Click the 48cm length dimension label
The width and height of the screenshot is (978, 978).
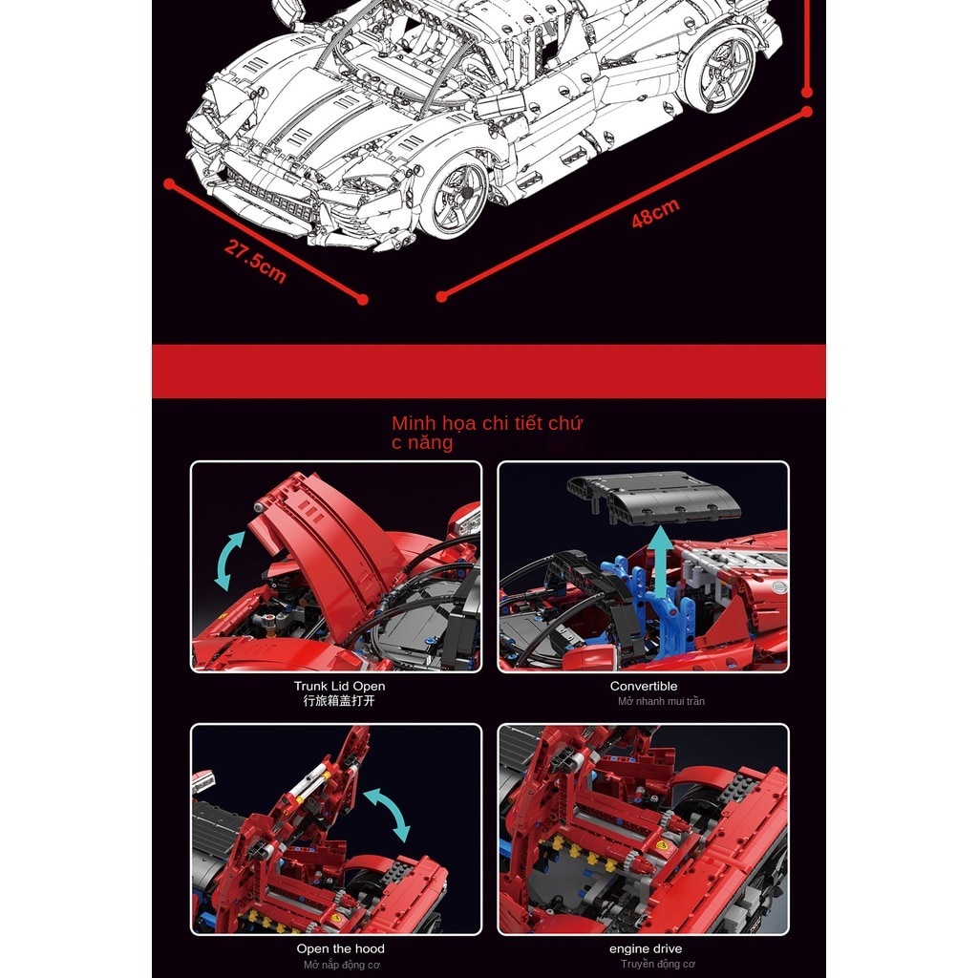pos(655,215)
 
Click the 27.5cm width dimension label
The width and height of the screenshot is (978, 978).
pos(255,261)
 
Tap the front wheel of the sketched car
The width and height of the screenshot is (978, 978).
pos(454,197)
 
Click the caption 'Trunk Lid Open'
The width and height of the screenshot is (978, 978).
pos(339,686)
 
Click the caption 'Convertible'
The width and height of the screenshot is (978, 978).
pos(644,686)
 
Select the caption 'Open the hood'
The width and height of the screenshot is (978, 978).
pos(339,948)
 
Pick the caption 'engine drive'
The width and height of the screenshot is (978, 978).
pos(645,948)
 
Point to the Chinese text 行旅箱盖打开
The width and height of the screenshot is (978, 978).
pos(339,701)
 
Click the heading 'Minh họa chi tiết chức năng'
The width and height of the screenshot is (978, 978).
pos(487,433)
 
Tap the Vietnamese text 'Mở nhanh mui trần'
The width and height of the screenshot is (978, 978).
pos(661,701)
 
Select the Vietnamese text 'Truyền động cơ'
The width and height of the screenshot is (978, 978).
pos(657,964)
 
